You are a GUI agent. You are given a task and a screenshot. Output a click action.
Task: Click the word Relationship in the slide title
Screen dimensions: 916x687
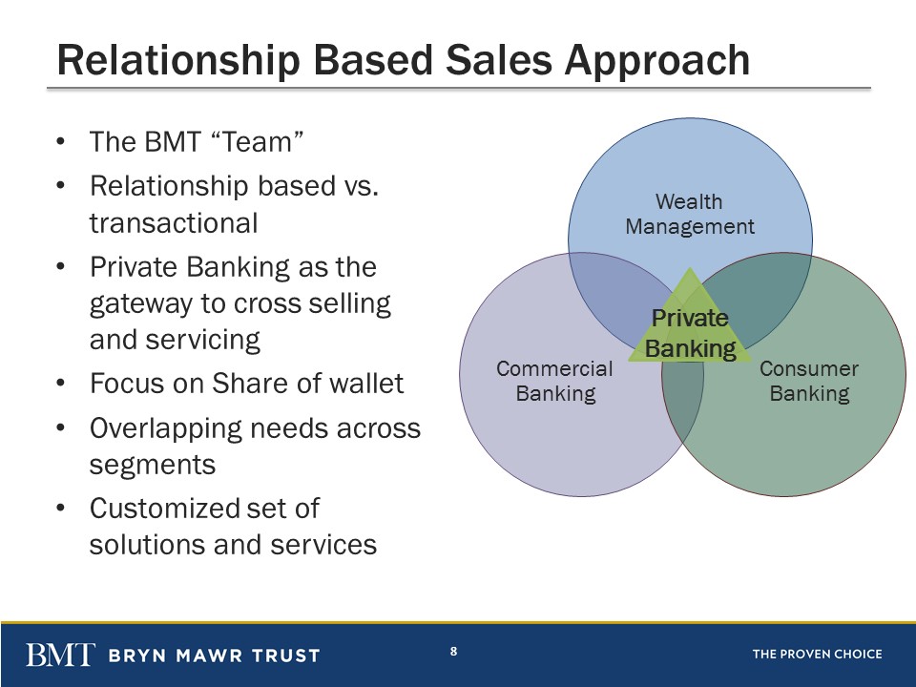178,61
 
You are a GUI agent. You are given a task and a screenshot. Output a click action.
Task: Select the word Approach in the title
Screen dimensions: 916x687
656,61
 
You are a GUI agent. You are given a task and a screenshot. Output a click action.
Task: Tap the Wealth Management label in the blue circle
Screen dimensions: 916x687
690,214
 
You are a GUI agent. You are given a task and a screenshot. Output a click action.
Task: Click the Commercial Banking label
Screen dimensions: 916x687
555,381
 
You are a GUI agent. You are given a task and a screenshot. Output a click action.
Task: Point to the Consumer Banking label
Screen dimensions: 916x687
809,381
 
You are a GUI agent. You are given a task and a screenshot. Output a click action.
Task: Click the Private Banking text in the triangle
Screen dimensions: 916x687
691,333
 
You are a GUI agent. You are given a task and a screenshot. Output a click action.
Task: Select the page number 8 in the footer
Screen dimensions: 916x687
454,651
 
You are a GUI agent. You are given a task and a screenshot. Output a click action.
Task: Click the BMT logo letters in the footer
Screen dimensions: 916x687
60,655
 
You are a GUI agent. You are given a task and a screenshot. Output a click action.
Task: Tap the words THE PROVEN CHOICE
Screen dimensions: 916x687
818,655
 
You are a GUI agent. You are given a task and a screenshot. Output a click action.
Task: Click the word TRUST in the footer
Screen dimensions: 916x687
286,656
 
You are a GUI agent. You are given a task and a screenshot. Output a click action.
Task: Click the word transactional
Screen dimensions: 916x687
174,223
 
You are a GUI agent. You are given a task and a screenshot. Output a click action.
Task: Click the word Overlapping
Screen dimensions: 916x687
165,429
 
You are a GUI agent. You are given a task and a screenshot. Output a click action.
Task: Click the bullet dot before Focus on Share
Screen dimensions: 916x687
60,384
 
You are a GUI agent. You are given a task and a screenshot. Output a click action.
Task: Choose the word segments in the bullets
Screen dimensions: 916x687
153,466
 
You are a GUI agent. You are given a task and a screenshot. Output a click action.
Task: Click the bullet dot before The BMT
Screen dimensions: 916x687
60,142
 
